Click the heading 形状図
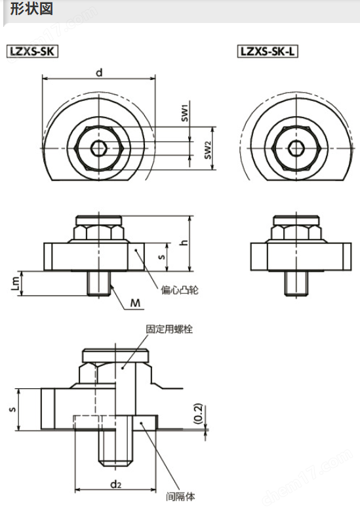pos(31,9)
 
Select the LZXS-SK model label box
pos(32,51)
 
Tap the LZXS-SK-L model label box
pos(268,51)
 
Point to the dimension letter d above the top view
pos(99,72)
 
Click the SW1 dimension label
pos(186,113)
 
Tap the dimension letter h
pos(185,242)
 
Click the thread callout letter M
pos(135,303)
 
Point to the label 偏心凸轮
pos(179,290)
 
